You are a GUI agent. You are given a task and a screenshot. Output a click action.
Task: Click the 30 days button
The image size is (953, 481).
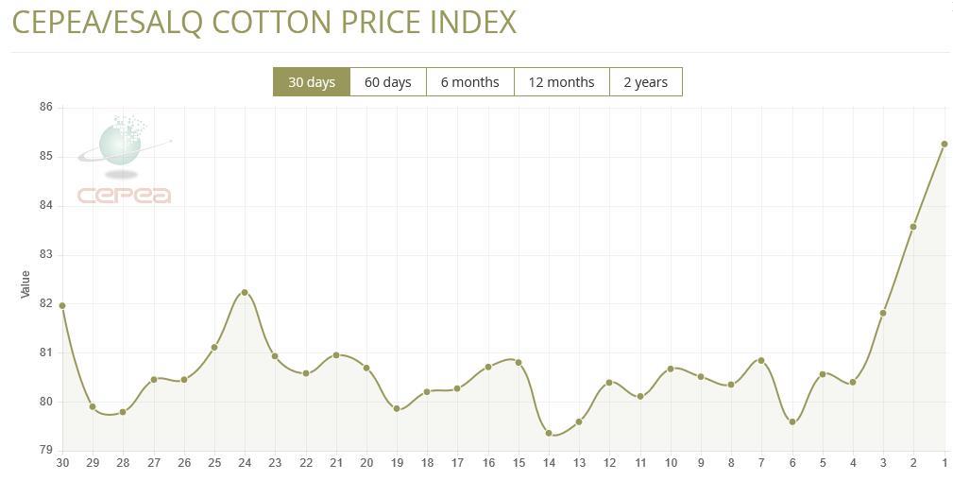coord(312,82)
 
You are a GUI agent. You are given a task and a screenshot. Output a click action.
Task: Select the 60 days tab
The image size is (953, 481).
coord(387,82)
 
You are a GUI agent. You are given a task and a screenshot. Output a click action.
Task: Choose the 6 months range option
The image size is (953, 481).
coord(469,82)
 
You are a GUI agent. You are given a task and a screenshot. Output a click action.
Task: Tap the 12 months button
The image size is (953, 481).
coord(561,82)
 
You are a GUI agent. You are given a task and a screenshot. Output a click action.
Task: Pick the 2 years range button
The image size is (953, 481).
coord(645,82)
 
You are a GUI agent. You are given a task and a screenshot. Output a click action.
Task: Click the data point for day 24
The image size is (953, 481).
coord(245,292)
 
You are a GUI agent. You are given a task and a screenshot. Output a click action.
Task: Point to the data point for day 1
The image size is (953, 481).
coord(944,145)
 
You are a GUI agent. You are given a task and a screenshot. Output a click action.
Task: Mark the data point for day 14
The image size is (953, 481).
coord(549,433)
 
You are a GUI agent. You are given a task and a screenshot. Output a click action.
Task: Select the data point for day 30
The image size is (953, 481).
coord(62,305)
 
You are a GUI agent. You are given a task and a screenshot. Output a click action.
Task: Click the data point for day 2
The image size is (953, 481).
coord(913,227)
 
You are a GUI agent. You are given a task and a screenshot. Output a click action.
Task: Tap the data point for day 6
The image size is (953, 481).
coord(792,421)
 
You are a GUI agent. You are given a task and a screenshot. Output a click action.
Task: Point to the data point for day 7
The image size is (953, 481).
coord(761,360)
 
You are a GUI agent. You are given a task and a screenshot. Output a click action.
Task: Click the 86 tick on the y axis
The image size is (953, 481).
coord(45,108)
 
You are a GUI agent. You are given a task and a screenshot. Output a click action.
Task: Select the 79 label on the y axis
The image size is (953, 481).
coord(45,451)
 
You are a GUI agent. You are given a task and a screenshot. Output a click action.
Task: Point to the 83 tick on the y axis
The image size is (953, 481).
coord(45,255)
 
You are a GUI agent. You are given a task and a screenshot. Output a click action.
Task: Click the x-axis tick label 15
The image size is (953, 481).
coord(519,463)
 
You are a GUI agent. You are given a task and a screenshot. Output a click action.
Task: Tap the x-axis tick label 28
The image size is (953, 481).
coord(123,463)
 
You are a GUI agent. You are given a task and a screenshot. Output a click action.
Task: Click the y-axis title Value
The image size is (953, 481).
coord(26,284)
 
